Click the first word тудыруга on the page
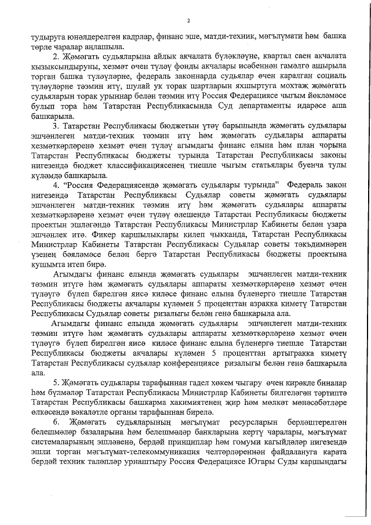pos(48,38)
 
